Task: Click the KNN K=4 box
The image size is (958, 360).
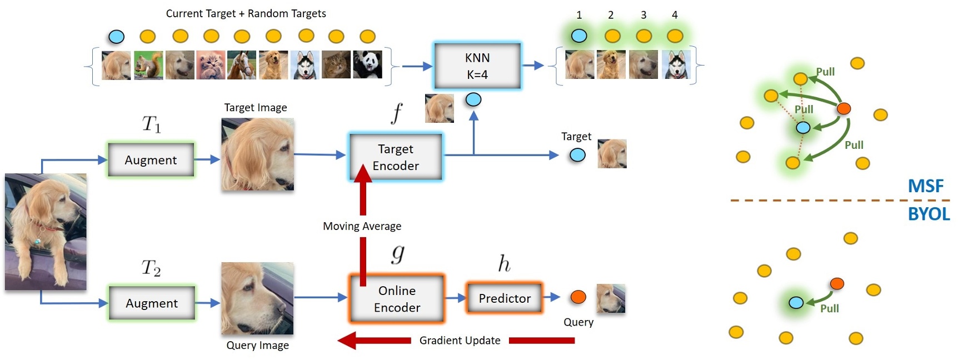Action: [477, 66]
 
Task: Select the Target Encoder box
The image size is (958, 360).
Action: [396, 157]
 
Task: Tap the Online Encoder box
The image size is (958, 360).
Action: [397, 299]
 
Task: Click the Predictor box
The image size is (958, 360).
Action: [505, 298]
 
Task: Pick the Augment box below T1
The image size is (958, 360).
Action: [151, 160]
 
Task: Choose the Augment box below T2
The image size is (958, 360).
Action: [152, 303]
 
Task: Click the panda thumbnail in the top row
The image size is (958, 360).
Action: [367, 65]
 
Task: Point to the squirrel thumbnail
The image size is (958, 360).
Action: [148, 65]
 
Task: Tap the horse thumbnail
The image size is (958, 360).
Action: [242, 65]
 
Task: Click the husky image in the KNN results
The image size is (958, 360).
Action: [676, 65]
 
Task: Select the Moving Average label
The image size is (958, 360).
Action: [362, 226]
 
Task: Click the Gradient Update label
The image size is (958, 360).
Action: [460, 341]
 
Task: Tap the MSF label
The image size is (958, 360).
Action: [925, 186]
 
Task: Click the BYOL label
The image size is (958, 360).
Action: [929, 214]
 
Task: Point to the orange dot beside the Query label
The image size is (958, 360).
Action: [578, 297]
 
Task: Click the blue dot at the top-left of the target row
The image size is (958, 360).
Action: [116, 37]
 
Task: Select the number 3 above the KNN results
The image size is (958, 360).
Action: [643, 15]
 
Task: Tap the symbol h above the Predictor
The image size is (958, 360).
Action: [504, 263]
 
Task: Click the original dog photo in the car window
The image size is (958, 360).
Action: [46, 232]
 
